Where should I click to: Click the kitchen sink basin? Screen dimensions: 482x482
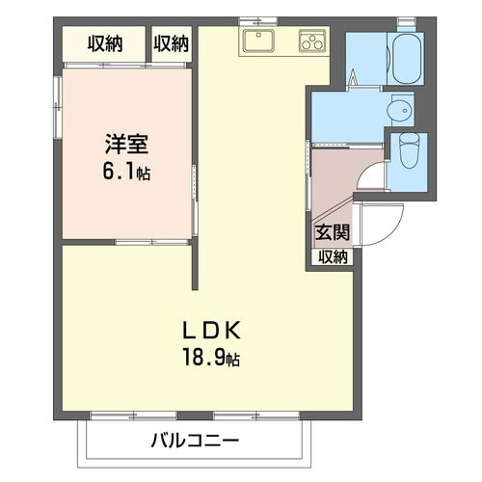pyautogui.click(x=258, y=40)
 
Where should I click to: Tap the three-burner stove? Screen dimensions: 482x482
pyautogui.click(x=312, y=40)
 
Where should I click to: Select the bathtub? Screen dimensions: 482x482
pyautogui.click(x=406, y=58)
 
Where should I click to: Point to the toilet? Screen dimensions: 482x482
pyautogui.click(x=409, y=149)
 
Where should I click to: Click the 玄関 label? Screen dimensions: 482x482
pyautogui.click(x=332, y=232)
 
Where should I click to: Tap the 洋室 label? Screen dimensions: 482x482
pyautogui.click(x=126, y=145)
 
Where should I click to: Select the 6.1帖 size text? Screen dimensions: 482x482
pyautogui.click(x=126, y=172)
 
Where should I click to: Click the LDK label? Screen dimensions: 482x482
pyautogui.click(x=212, y=331)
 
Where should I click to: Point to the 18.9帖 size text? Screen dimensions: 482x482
pyautogui.click(x=211, y=357)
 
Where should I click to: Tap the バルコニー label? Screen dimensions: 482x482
pyautogui.click(x=195, y=441)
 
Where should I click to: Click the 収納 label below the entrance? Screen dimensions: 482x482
pyautogui.click(x=333, y=256)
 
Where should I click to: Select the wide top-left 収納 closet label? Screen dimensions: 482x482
pyautogui.click(x=105, y=44)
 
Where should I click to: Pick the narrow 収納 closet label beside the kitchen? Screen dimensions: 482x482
pyautogui.click(x=171, y=44)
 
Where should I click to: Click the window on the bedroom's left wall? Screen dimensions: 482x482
pyautogui.click(x=58, y=107)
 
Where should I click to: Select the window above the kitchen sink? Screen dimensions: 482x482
pyautogui.click(x=258, y=21)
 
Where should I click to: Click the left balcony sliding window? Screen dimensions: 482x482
pyautogui.click(x=133, y=415)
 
